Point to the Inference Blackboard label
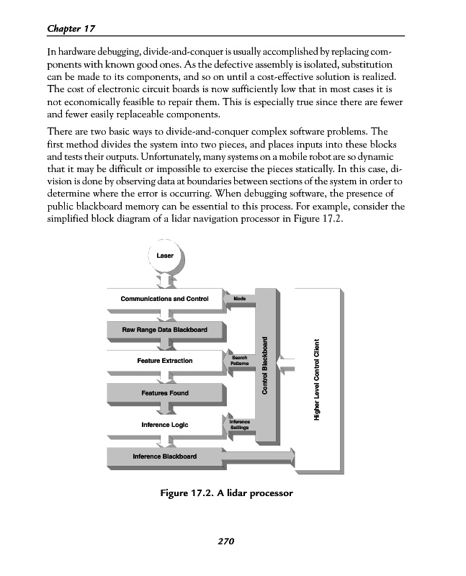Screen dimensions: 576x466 pos(164,456)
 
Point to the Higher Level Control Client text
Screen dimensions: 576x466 pos(316,379)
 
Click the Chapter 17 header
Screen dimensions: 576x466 pos(71,28)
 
